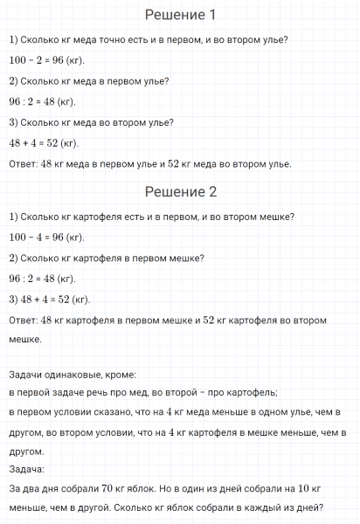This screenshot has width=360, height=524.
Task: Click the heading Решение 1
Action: point(179,15)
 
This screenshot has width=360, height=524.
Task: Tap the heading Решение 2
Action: point(179,192)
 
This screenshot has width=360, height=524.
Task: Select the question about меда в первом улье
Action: point(89,81)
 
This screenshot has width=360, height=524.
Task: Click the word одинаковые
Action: point(75,373)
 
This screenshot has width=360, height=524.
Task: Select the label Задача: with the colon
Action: point(26,471)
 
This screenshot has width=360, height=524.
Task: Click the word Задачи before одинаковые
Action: point(26,373)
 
